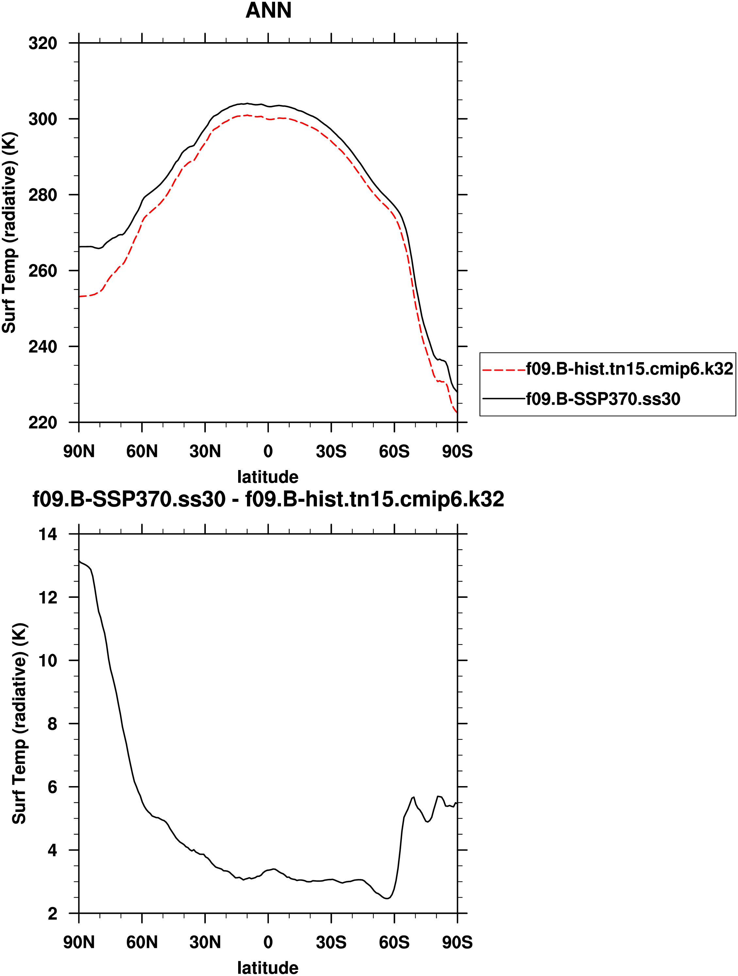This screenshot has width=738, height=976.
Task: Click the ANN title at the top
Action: pos(268,10)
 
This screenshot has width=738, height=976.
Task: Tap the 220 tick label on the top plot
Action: pos(43,423)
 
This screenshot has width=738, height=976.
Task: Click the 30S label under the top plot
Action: pos(331,451)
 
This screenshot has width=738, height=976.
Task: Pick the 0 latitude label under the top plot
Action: pos(268,451)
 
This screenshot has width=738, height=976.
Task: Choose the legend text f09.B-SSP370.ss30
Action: pos(603,399)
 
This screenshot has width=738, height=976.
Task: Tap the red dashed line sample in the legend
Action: pos(504,370)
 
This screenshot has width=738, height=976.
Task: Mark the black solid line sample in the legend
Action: pos(504,399)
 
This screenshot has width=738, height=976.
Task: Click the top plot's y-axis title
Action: pos(10,232)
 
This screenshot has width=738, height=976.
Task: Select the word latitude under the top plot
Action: pos(268,477)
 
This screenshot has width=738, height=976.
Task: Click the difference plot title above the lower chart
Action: pos(268,499)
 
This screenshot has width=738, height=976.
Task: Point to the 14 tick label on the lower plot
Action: pos(48,535)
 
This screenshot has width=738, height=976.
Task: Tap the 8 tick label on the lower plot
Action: pos(52,724)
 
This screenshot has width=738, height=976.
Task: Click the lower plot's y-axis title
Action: pos(19,724)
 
